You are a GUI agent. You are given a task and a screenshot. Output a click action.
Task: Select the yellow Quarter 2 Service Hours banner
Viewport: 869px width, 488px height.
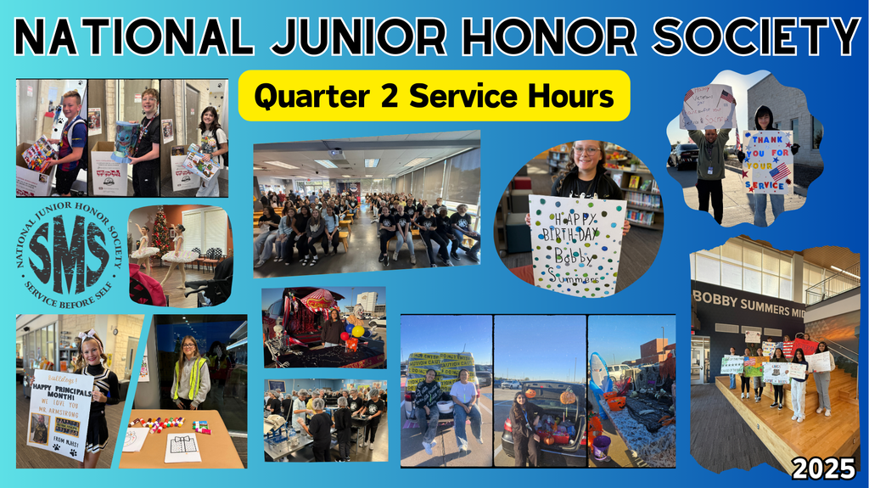434,96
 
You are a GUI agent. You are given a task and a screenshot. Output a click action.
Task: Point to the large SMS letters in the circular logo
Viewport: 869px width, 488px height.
68,250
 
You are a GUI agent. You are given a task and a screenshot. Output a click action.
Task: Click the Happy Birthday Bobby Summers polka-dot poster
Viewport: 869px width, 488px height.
576,246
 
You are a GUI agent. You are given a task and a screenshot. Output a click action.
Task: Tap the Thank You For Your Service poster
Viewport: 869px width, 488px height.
767,161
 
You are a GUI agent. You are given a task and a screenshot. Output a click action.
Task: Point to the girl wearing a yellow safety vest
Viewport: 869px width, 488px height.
190,373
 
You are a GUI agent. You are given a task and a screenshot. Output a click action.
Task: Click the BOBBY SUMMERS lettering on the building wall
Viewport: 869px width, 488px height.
747,297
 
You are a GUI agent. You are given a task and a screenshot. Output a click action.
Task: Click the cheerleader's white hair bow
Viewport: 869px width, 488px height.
87,337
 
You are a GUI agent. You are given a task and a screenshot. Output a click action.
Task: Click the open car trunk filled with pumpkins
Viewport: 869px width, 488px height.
543,424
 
